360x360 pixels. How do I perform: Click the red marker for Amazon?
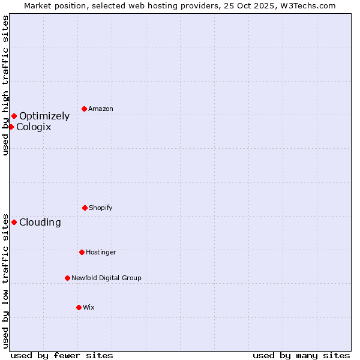[x=85, y=109]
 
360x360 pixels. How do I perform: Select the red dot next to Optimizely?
[x=14, y=116]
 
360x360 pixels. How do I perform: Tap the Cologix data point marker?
[x=11, y=127]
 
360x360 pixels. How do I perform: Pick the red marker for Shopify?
[x=85, y=208]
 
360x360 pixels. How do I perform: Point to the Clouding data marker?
[x=14, y=222]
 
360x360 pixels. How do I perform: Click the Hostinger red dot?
[x=82, y=252]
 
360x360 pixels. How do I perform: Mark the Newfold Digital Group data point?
[x=67, y=278]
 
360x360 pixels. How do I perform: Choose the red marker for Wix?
[x=79, y=307]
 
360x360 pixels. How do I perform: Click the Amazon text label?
[x=101, y=109]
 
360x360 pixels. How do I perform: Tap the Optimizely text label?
[x=44, y=116]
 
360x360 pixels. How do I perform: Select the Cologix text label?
[x=34, y=127]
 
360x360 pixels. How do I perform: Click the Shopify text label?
[x=101, y=208]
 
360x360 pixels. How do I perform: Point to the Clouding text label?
[x=40, y=223]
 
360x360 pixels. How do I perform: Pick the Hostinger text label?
[x=101, y=252]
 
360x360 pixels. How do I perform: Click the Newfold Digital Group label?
[x=106, y=278]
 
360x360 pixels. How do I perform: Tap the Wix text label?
[x=89, y=307]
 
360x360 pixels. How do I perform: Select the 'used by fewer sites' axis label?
[x=62, y=355]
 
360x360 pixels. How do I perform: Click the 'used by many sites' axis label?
[x=301, y=355]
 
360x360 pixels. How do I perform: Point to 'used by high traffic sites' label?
[x=5, y=85]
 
